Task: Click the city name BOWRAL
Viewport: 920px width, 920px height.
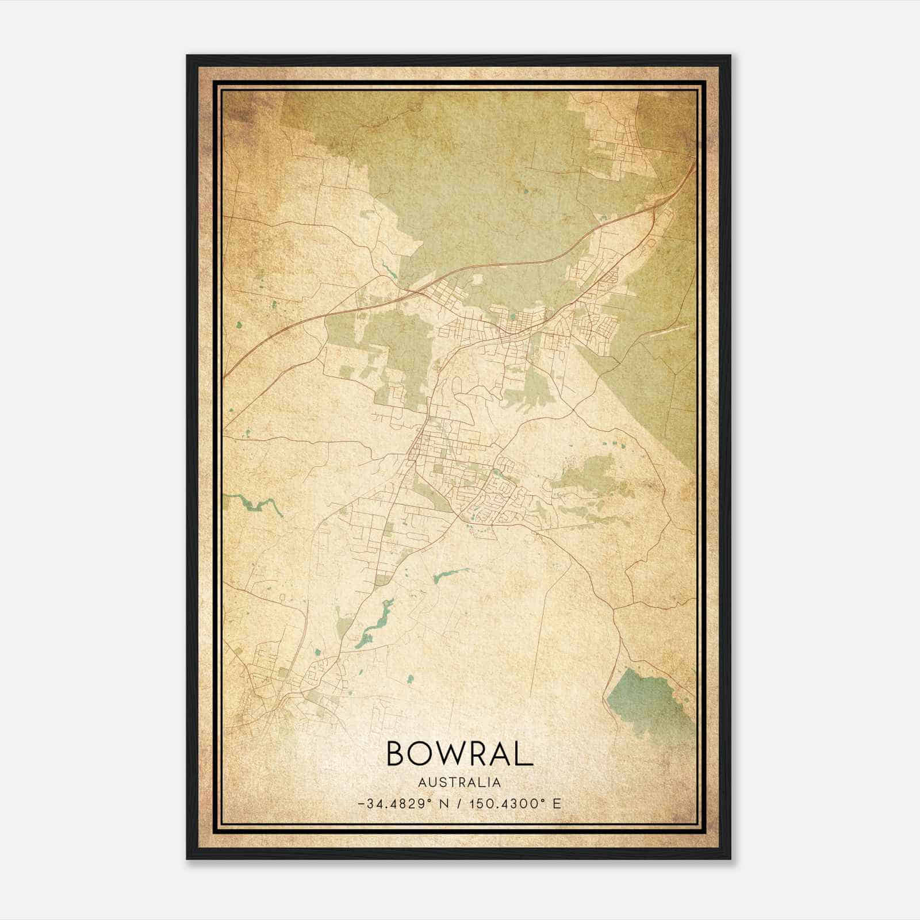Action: pos(459,754)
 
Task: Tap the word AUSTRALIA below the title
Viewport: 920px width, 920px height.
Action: pos(459,783)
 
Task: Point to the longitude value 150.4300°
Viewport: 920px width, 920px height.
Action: pos(507,803)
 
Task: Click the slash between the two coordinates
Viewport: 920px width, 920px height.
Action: pos(459,803)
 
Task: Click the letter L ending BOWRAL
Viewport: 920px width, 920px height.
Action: pos(524,754)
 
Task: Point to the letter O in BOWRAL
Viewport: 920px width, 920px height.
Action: pos(423,754)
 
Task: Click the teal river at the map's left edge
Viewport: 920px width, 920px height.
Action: pos(253,504)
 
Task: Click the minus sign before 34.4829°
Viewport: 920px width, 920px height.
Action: pos(361,804)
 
